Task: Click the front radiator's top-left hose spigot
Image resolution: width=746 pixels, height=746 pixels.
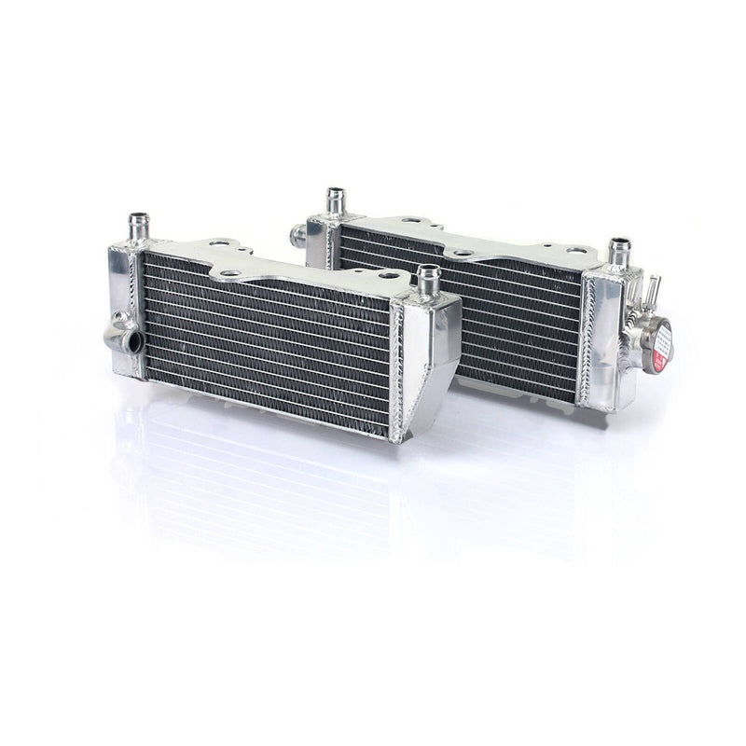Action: (x=139, y=226)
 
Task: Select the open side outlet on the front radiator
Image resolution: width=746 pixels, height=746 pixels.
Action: (x=131, y=341)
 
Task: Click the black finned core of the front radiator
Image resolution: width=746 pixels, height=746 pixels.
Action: (x=266, y=340)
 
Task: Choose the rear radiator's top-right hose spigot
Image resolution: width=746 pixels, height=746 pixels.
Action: (x=619, y=251)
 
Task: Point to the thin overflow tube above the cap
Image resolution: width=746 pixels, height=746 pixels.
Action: (x=653, y=289)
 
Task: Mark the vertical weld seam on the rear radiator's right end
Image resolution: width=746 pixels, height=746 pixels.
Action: (x=586, y=340)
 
